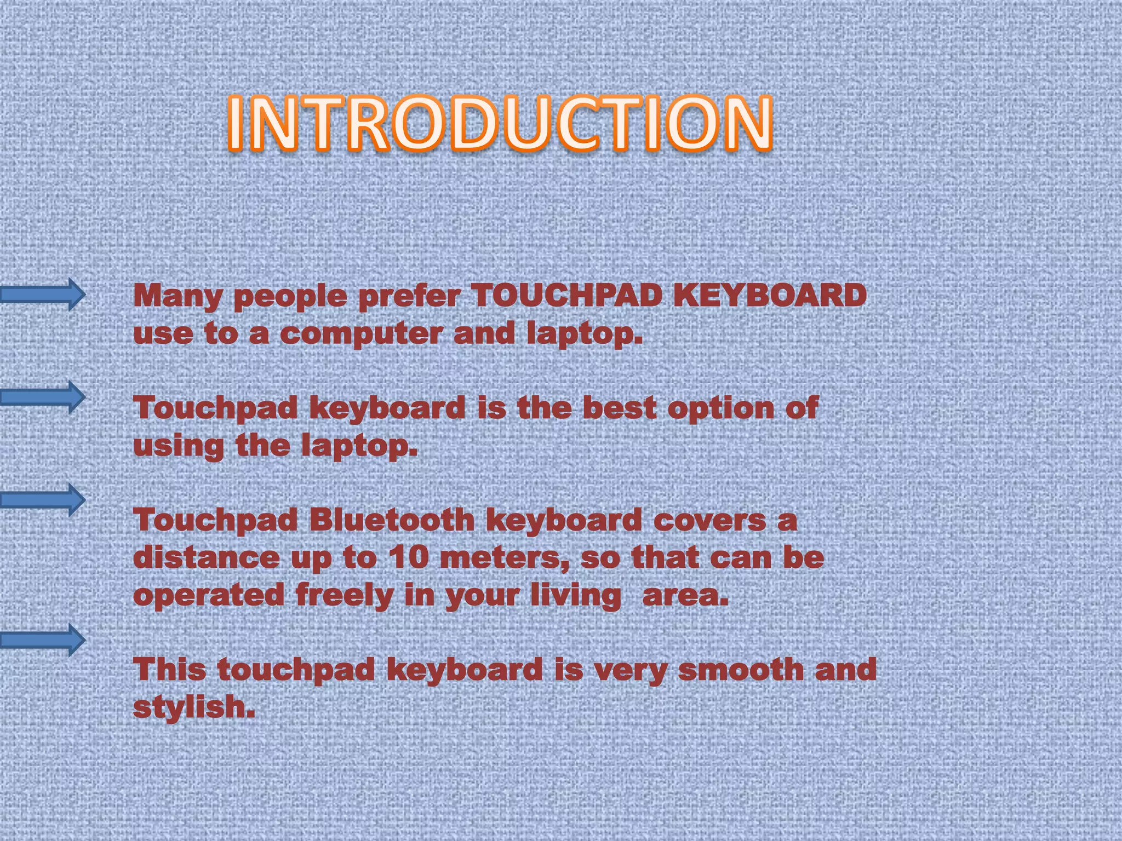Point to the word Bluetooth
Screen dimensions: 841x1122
[x=392, y=520]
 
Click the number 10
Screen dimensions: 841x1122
[x=408, y=558]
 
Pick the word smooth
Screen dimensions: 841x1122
[x=740, y=670]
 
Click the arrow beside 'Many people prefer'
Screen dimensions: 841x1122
[x=43, y=295]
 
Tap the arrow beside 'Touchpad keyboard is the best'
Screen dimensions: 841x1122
[x=43, y=396]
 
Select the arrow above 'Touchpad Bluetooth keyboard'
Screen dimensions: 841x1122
[x=43, y=499]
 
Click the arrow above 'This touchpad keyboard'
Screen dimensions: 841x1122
[x=43, y=640]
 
